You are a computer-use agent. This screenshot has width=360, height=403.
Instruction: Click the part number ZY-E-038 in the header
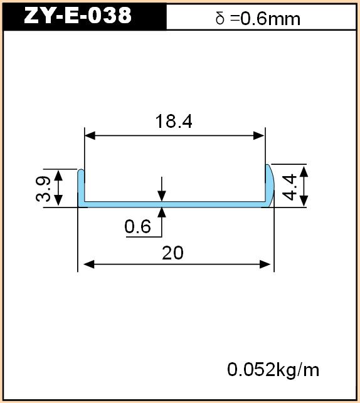(x=78, y=16)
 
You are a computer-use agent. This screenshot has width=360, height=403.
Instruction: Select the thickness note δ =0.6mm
(x=258, y=19)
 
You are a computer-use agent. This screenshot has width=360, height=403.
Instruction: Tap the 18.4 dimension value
(x=174, y=122)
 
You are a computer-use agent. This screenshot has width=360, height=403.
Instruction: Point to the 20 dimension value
(x=173, y=253)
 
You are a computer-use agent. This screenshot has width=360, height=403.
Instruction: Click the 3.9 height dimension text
(x=43, y=189)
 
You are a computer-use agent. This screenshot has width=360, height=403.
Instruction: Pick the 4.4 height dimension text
(x=289, y=187)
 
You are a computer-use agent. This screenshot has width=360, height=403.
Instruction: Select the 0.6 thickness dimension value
(x=137, y=226)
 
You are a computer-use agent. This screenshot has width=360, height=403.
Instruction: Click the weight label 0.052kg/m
(x=273, y=370)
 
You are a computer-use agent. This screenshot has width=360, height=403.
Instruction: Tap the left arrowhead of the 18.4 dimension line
(x=90, y=135)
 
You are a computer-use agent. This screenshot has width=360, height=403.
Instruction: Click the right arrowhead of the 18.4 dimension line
(x=258, y=135)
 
